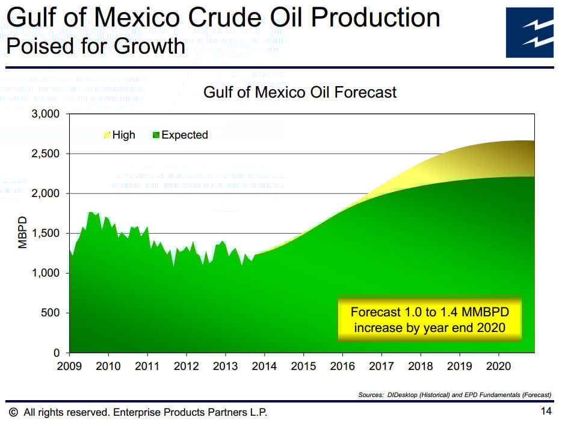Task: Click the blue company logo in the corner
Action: click(530, 32)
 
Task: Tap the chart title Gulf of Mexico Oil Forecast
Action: click(300, 92)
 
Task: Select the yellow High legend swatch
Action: click(107, 135)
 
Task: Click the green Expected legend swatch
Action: click(156, 135)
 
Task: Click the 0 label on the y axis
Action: click(57, 352)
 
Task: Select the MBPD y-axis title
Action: click(23, 233)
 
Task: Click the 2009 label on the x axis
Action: click(69, 366)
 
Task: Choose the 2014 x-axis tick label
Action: click(264, 366)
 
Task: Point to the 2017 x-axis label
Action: click(381, 366)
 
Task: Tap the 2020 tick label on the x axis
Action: click(498, 366)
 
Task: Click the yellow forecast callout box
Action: click(429, 320)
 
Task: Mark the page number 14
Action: click(546, 412)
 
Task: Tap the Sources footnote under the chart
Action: click(454, 395)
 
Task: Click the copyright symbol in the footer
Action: click(13, 412)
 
